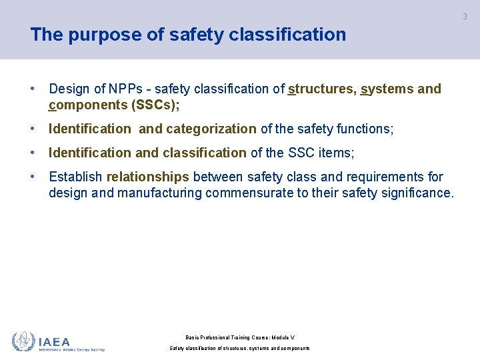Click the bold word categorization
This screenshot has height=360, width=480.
tap(211, 129)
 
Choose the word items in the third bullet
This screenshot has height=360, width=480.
tap(337, 153)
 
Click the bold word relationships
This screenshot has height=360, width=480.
tap(148, 177)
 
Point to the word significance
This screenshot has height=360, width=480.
tap(419, 193)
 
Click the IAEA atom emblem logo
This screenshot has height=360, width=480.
tap(23, 341)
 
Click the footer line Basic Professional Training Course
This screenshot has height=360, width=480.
tap(240, 338)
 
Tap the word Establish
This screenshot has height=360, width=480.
tap(75, 177)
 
